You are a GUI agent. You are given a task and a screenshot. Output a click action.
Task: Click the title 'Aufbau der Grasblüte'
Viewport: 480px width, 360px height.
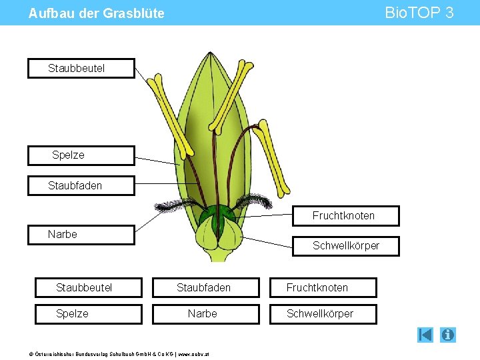(97, 13)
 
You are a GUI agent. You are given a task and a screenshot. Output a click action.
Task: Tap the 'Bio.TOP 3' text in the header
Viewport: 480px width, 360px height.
(419, 13)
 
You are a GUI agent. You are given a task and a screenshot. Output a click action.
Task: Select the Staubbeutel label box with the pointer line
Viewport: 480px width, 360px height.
(81, 69)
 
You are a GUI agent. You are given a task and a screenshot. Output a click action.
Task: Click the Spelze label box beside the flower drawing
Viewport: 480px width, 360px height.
(81, 155)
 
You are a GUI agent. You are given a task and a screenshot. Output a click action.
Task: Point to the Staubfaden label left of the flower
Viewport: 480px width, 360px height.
(81, 185)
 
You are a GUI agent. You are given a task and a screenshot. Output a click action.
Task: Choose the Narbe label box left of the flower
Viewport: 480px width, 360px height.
(81, 235)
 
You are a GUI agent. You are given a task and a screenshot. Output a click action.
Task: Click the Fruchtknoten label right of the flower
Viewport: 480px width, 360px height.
(346, 216)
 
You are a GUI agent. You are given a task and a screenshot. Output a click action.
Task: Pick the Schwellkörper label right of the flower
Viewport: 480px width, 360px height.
(346, 246)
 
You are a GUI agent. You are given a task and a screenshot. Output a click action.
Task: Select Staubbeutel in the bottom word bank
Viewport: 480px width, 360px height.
(89, 287)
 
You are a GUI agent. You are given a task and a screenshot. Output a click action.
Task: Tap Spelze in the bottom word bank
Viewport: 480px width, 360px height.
(89, 314)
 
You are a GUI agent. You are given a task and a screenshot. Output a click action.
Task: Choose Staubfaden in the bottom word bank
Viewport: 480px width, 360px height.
(205, 287)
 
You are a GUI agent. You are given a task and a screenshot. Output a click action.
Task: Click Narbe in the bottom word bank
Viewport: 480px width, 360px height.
(205, 314)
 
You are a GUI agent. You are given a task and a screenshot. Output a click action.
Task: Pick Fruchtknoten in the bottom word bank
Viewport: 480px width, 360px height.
(323, 287)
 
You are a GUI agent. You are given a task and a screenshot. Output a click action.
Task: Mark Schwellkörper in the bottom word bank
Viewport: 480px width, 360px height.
(323, 314)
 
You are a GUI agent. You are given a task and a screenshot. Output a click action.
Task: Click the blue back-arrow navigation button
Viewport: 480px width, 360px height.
(425, 335)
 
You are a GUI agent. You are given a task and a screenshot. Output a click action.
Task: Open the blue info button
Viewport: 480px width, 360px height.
(448, 335)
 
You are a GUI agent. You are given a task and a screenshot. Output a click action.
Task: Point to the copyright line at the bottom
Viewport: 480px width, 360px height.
(105, 353)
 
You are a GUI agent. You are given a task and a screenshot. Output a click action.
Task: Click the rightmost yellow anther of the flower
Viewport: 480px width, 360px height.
(273, 157)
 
